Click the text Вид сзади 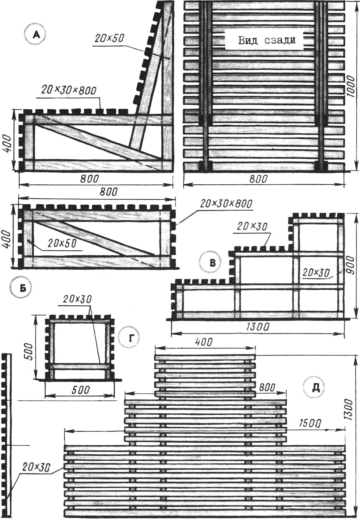point(267,41)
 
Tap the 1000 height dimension point(351,86)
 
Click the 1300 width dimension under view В point(258,327)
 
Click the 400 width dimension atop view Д point(204,342)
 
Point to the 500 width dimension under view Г point(81,390)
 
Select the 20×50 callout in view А point(109,39)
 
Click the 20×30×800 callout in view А point(69,90)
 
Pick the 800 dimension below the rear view point(258,179)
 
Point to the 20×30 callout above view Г point(77,299)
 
